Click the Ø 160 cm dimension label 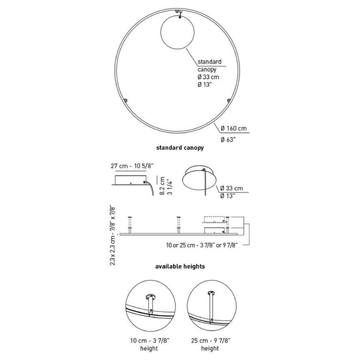pyautogui.click(x=234, y=128)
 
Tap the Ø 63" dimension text pyautogui.click(x=228, y=139)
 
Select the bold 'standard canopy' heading pyautogui.click(x=180, y=148)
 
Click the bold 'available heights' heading pyautogui.click(x=180, y=266)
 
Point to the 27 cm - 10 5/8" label pyautogui.click(x=132, y=166)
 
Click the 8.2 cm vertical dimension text pyautogui.click(x=162, y=186)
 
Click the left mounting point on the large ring pyautogui.click(x=126, y=100)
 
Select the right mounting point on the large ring pyautogui.click(x=229, y=100)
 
